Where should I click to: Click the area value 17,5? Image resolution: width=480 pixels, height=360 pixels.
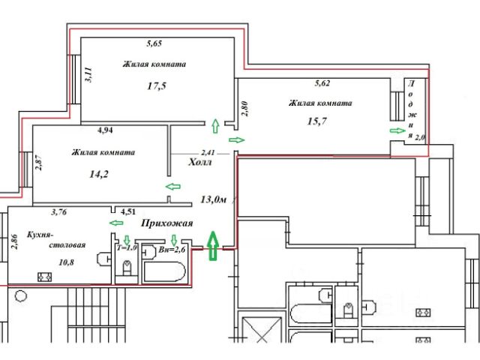tap(156, 86)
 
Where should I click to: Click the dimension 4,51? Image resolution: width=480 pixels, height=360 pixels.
tap(128, 212)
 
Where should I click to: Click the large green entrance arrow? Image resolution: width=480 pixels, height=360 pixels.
tap(212, 245)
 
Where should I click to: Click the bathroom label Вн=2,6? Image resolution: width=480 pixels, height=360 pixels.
tap(172, 249)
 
